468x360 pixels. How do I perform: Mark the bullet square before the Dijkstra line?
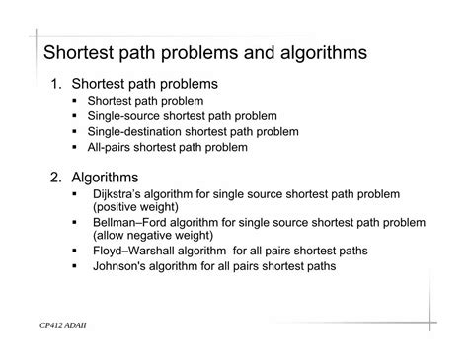(76, 195)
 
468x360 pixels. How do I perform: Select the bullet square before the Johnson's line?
(76, 266)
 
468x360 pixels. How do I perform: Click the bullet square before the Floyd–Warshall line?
(76, 251)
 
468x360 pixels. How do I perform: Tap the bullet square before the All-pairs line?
(76, 147)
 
